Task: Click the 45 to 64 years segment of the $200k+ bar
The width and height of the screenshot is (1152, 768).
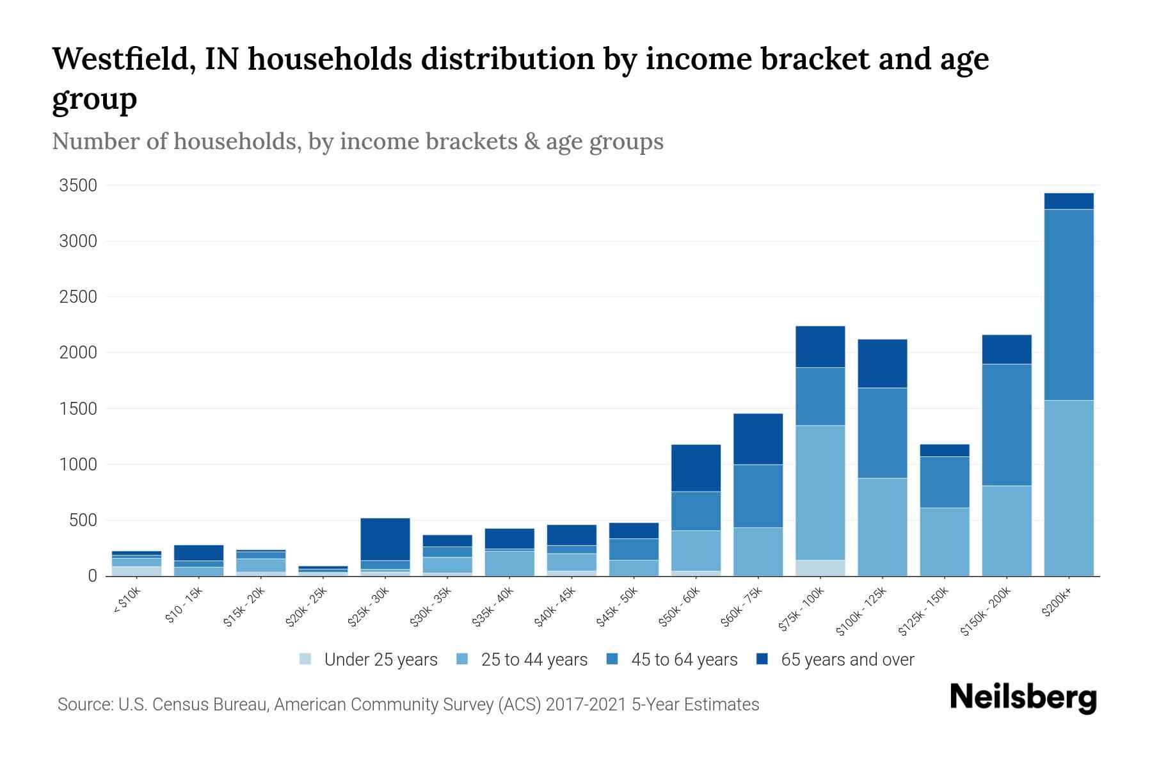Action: click(1068, 305)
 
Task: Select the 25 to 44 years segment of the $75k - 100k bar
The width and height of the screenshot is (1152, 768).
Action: click(820, 493)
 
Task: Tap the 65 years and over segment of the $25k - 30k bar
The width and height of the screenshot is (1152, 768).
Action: click(385, 539)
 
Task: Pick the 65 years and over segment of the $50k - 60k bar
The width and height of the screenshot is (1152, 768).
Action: click(696, 468)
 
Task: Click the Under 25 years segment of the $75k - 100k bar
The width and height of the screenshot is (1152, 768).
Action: click(820, 568)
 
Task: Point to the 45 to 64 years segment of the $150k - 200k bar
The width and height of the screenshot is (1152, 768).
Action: click(1007, 425)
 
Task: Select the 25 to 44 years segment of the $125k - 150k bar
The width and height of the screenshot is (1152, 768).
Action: click(944, 541)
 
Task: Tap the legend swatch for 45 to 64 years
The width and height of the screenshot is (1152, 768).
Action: click(612, 659)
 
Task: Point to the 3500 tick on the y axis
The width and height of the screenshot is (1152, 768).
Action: click(78, 186)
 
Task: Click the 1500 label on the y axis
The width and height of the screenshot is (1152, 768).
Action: click(78, 408)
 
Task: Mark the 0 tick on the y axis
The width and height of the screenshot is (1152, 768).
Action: click(92, 576)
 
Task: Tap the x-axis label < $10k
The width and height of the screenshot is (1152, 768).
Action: click(127, 601)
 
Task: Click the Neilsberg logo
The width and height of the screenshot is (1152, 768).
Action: click(1023, 698)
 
